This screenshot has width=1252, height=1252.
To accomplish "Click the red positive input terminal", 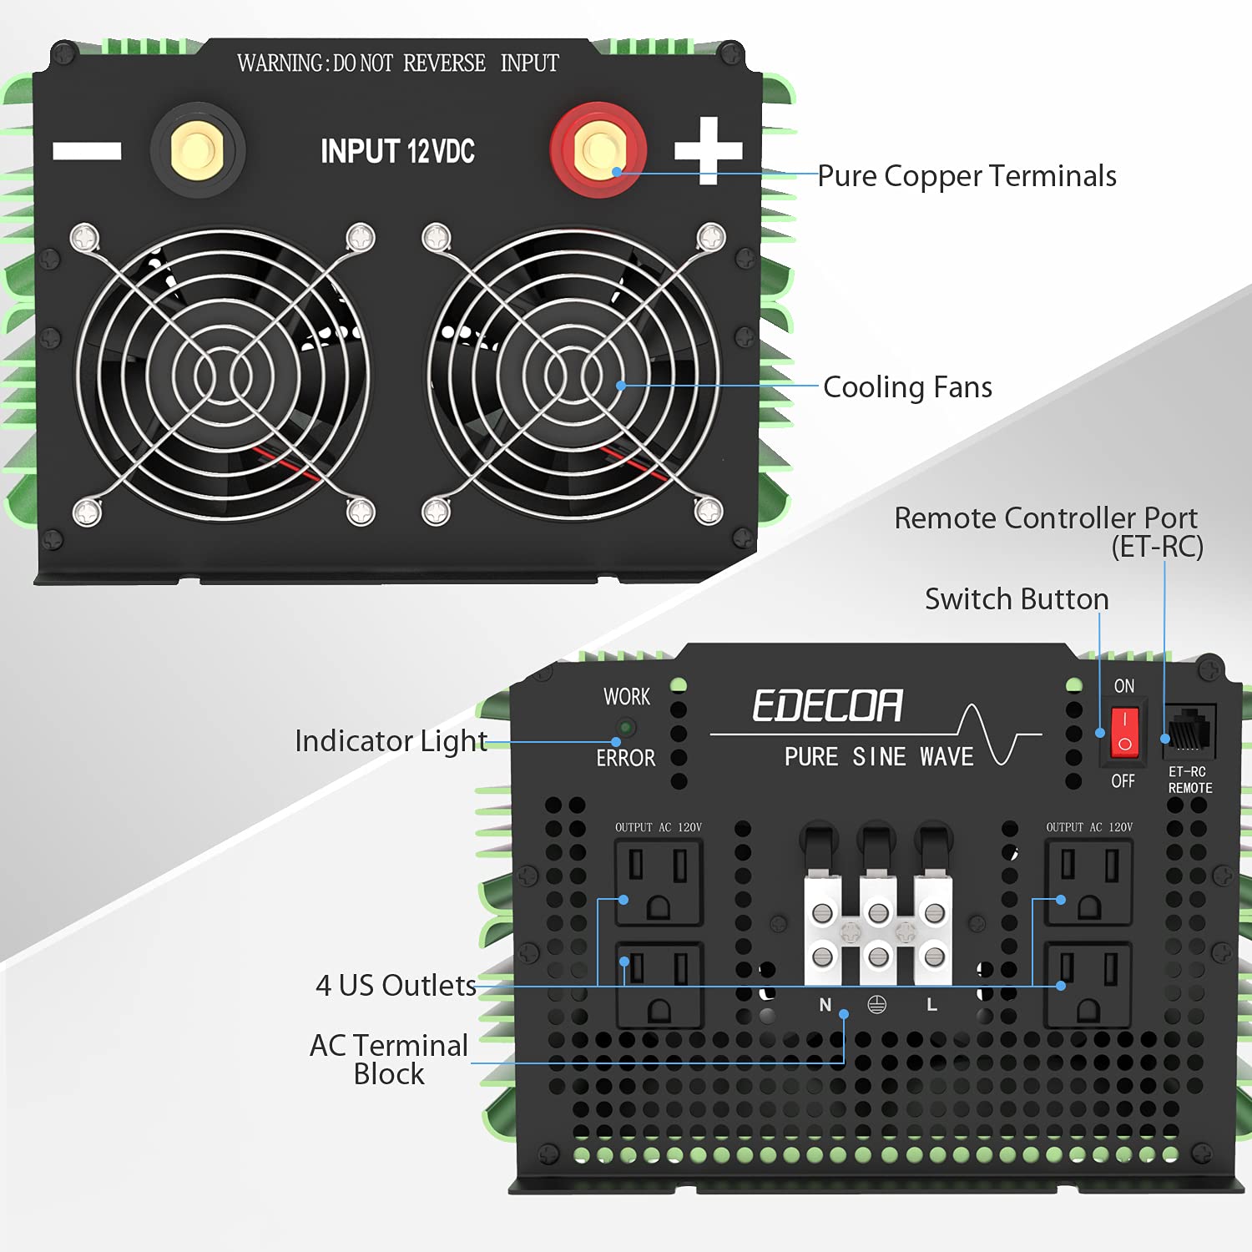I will coord(598,150).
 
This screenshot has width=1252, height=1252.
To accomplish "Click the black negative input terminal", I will coord(197,150).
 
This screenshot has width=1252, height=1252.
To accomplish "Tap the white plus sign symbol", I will coord(708,150).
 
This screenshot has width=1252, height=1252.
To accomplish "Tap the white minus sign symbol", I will coord(87,150).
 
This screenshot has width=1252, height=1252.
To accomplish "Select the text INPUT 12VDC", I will coord(397,151).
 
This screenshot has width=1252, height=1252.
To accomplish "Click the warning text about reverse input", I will coord(397,63).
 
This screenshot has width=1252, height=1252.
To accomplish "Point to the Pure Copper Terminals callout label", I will coord(967,176).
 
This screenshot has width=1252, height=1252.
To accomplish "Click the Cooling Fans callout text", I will coord(907,387).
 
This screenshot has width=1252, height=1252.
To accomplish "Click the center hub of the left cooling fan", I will coord(223,376).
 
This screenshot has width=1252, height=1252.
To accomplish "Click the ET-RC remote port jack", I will coord(1189,731).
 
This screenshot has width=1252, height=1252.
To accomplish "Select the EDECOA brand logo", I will coord(827,706).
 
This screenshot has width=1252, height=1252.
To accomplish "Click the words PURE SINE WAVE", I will coord(879,756).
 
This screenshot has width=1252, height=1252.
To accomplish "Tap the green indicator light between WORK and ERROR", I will coord(625,727).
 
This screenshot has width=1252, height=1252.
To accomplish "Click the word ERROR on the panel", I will coord(625,758).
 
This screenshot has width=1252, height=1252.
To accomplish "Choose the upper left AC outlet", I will coord(659,883).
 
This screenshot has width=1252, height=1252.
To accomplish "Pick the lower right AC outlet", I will coord(1088,985).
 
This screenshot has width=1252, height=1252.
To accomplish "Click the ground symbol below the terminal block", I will coord(876,1004).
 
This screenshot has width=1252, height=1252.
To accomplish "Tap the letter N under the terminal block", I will coord(825,1005).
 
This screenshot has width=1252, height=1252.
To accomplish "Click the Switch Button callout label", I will coord(1016,599).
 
